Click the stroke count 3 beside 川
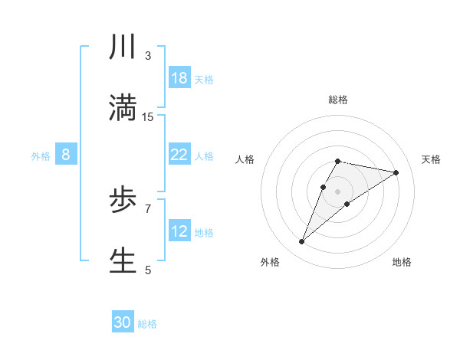pyautogui.click(x=148, y=56)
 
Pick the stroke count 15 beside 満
pyautogui.click(x=148, y=116)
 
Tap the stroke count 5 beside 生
pyautogui.click(x=148, y=269)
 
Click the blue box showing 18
pyautogui.click(x=179, y=78)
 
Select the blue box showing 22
pyautogui.click(x=179, y=155)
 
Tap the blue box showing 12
pyautogui.click(x=179, y=231)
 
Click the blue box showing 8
pyautogui.click(x=66, y=155)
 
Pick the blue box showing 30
pyautogui.click(x=123, y=322)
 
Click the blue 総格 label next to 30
pyautogui.click(x=147, y=324)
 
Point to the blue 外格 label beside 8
pyautogui.click(x=41, y=156)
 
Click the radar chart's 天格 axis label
pyautogui.click(x=432, y=159)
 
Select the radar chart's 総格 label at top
pyautogui.click(x=338, y=100)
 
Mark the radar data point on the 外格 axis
pyautogui.click(x=302, y=242)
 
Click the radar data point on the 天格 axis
pyautogui.click(x=396, y=172)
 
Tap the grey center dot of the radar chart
pyautogui.click(x=338, y=191)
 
